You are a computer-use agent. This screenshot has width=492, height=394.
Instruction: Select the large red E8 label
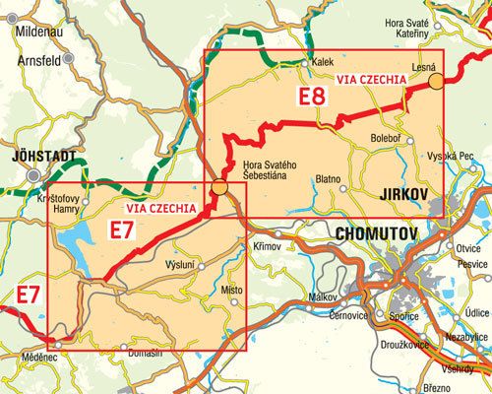click(312, 97)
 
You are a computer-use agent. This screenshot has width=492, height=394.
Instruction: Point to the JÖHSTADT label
click(40, 155)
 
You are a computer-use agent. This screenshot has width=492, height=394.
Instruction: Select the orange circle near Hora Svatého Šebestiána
click(220, 186)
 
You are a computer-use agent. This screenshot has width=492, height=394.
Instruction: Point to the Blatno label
click(328, 180)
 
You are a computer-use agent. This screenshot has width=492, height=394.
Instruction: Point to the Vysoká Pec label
click(455, 158)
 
